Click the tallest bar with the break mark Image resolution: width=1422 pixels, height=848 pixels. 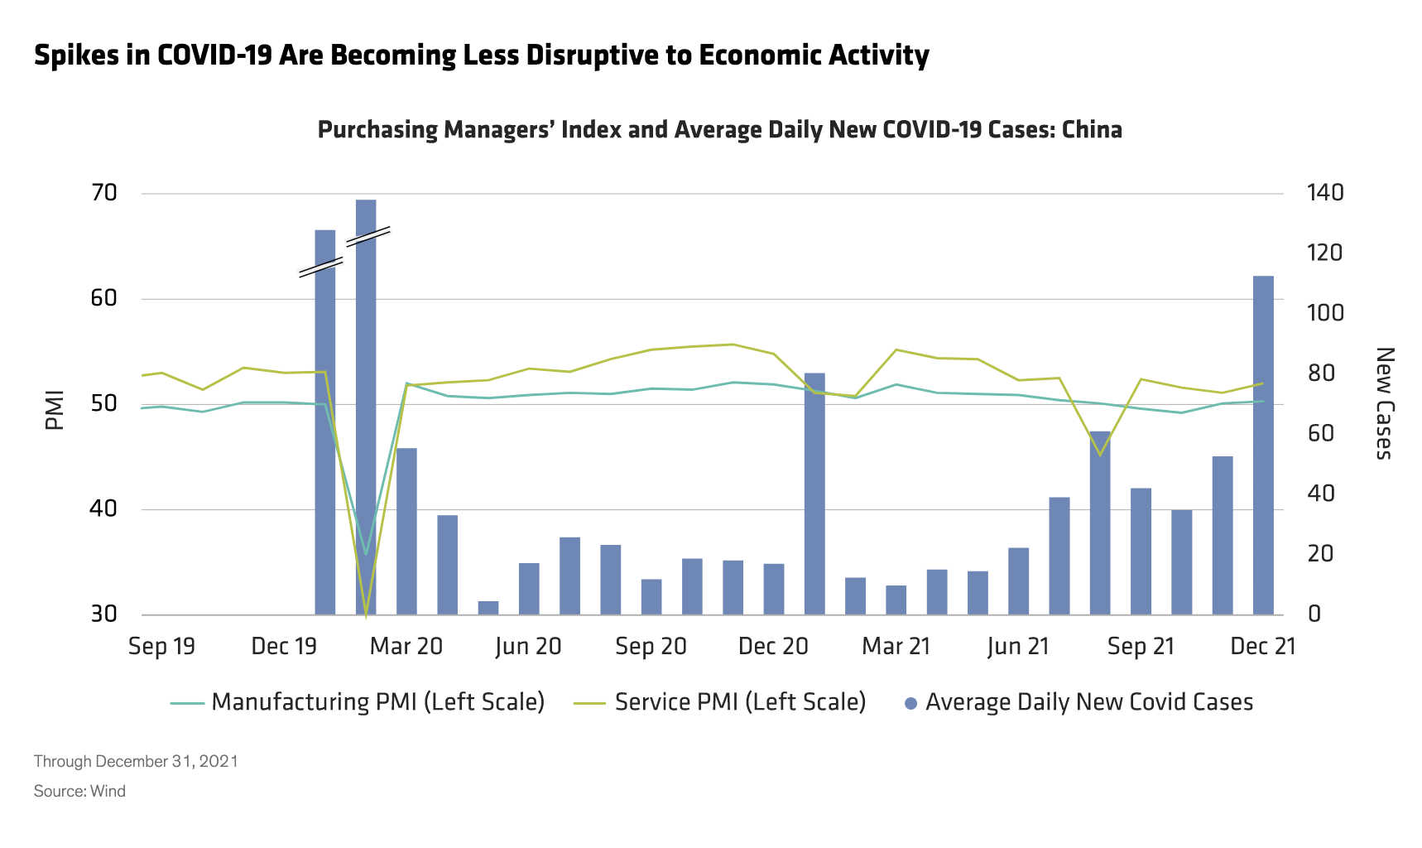[366, 406]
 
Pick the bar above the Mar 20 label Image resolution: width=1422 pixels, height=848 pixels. [406, 531]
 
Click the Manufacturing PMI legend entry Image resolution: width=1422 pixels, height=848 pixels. [358, 702]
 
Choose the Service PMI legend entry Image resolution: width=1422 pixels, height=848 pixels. [720, 702]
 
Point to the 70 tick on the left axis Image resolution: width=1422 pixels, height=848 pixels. [104, 193]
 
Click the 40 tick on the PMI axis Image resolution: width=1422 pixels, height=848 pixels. [104, 508]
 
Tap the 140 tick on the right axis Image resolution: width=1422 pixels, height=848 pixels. [1324, 193]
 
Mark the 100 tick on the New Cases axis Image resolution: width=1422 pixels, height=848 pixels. [1324, 313]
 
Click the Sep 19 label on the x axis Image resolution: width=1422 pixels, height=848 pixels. [161, 646]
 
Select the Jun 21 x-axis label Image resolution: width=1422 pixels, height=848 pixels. [1018, 646]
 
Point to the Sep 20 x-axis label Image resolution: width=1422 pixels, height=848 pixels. [651, 646]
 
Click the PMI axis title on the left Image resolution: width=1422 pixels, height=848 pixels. [55, 410]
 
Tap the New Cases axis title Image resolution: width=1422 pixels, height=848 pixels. [1384, 403]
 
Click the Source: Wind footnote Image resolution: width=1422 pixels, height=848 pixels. [79, 791]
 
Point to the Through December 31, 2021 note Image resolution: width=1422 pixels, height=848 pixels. [136, 761]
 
